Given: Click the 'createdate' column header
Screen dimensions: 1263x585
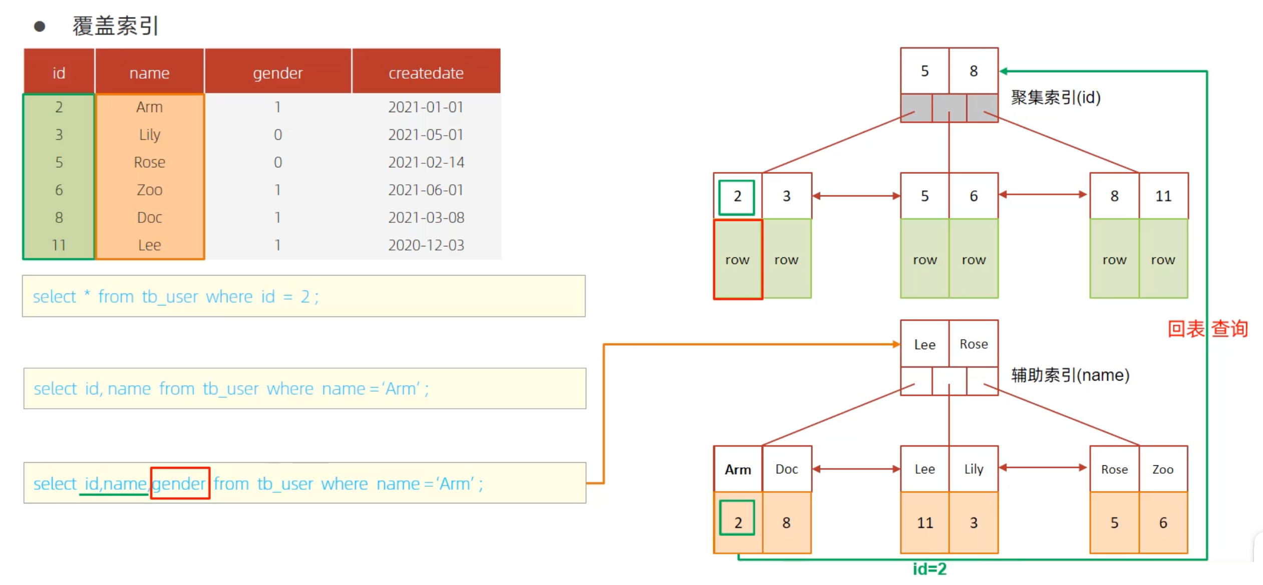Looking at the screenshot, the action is pyautogui.click(x=426, y=73).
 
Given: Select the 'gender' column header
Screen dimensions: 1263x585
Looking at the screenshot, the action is pyautogui.click(x=278, y=73).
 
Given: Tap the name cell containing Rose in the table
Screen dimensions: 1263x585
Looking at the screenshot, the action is pyautogui.click(x=149, y=162).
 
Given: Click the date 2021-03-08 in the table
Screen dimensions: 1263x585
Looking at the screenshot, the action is pyautogui.click(x=426, y=217).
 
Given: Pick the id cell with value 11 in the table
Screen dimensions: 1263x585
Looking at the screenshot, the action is pyautogui.click(x=59, y=245).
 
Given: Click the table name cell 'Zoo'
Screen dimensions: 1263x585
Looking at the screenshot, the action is pyautogui.click(x=149, y=190).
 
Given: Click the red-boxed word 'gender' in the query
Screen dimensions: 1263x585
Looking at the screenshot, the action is pyautogui.click(x=179, y=484).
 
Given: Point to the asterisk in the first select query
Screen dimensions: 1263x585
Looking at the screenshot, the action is pyautogui.click(x=87, y=294).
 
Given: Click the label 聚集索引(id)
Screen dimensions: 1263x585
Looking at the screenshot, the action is pyautogui.click(x=1056, y=97).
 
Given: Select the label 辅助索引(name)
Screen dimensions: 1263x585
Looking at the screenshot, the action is pyautogui.click(x=1070, y=375).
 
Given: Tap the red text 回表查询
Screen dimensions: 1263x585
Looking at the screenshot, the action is pyautogui.click(x=1207, y=329).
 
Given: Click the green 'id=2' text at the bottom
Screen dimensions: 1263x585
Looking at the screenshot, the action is pyautogui.click(x=929, y=569).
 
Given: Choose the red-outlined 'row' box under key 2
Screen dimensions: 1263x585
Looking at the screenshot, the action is pyautogui.click(x=738, y=259).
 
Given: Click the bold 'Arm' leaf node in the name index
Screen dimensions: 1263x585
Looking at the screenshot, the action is pyautogui.click(x=738, y=469).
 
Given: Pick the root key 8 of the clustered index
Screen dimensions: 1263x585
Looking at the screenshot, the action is pyautogui.click(x=974, y=71).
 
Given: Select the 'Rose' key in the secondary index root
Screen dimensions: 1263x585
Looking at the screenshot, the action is pyautogui.click(x=974, y=344).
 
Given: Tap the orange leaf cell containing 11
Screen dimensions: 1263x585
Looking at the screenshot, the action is pyautogui.click(x=924, y=523).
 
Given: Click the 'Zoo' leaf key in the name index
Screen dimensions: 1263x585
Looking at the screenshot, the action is pyautogui.click(x=1163, y=469).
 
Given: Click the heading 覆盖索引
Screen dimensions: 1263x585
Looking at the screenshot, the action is pyautogui.click(x=116, y=26).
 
